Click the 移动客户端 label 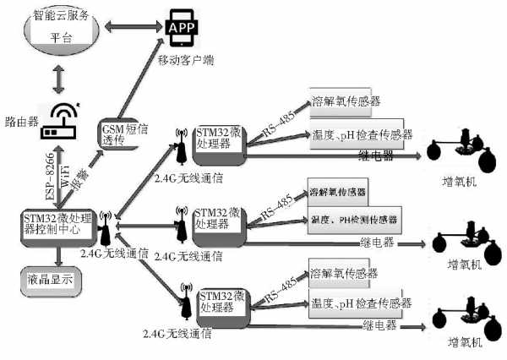pos(187,60)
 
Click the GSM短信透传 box pos(118,134)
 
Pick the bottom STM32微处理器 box pos(222,303)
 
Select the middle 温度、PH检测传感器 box pos(355,220)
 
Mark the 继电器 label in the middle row pos(372,241)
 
